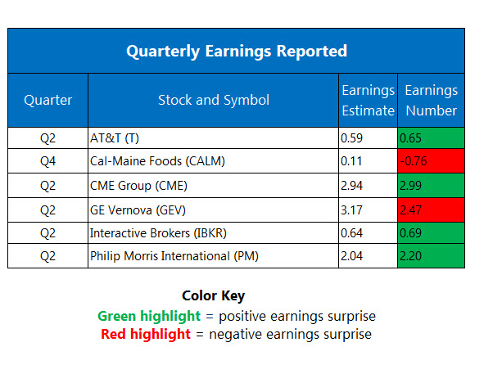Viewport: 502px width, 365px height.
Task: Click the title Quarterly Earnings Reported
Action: (x=237, y=52)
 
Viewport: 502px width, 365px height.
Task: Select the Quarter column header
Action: (x=48, y=100)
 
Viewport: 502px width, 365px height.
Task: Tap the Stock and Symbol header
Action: (x=214, y=100)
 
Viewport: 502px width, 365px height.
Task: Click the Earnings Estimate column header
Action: (x=369, y=101)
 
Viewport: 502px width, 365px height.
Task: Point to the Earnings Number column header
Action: (x=432, y=101)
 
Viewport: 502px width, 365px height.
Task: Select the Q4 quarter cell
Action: (x=47, y=161)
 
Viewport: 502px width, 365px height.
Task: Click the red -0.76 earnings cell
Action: (x=431, y=161)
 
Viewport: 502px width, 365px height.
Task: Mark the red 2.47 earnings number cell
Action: (x=431, y=210)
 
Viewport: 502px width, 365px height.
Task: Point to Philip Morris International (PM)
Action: (x=174, y=256)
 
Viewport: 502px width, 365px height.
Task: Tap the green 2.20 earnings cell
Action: (x=431, y=256)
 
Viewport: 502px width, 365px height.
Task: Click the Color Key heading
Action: (x=213, y=296)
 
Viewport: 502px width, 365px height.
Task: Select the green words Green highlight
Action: (x=149, y=317)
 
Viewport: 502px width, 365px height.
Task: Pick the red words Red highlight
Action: (x=146, y=334)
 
